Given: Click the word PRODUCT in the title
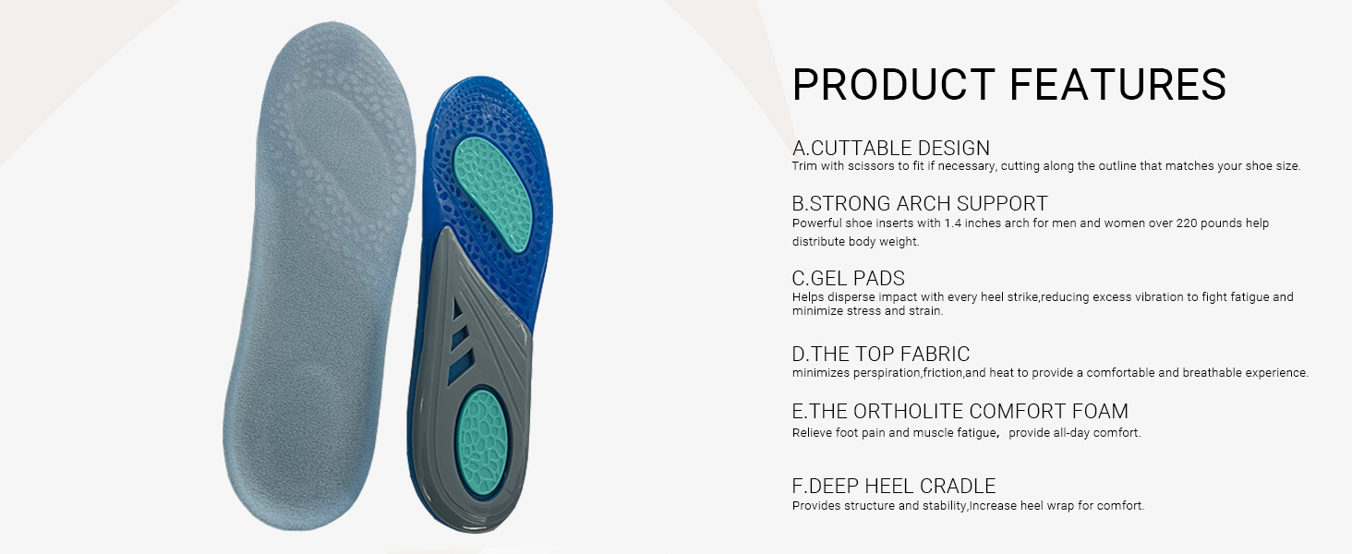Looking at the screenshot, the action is click(893, 85).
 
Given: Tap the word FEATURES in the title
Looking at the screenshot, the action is click(1117, 85).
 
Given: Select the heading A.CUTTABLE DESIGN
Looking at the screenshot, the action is click(891, 148).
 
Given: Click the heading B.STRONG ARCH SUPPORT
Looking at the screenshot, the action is click(920, 203).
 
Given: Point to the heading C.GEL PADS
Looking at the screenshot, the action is click(848, 278).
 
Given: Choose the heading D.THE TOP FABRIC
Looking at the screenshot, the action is click(881, 354).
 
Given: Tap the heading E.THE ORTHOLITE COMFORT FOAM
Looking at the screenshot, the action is click(960, 411).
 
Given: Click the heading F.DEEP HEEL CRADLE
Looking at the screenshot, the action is click(893, 486).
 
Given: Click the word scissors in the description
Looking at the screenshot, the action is click(872, 166).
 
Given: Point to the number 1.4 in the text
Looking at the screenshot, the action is click(953, 223).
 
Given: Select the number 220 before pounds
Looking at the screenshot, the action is click(1186, 223).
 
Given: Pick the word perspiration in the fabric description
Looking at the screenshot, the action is click(887, 373).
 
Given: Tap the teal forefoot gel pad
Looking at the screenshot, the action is click(493, 193).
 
